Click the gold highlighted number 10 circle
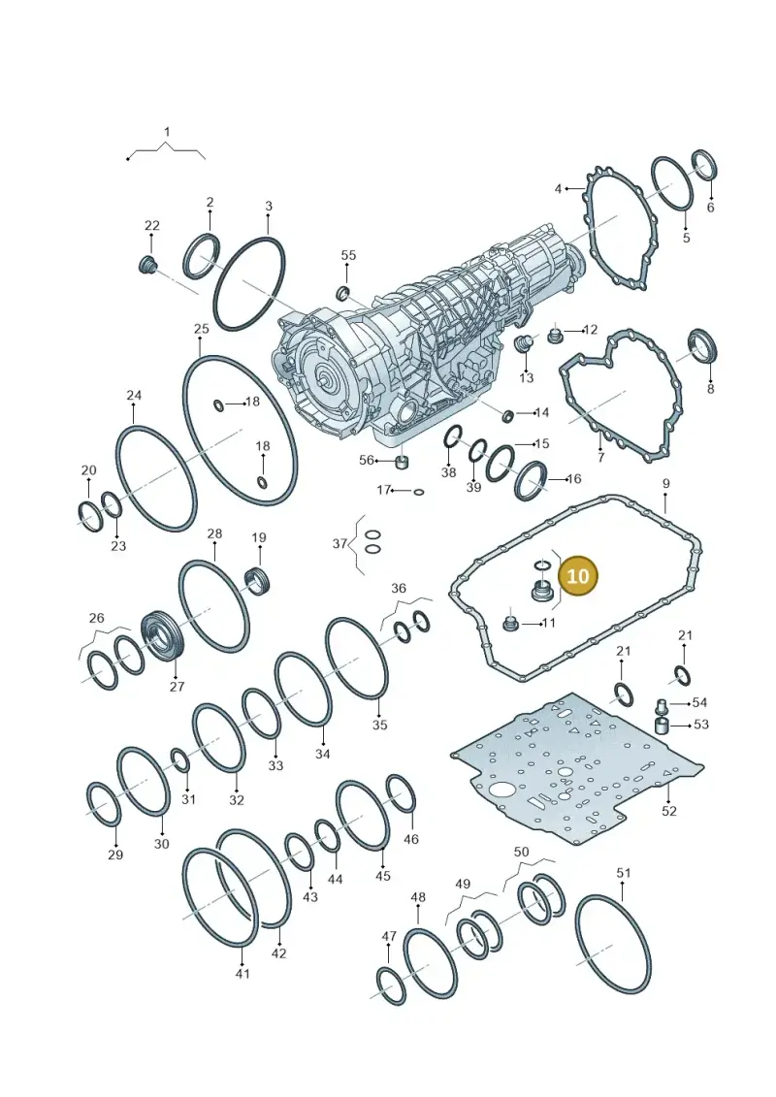point(578,576)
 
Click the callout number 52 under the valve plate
point(669,811)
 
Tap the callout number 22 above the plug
point(152,225)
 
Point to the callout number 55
point(348,255)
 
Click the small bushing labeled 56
point(402,464)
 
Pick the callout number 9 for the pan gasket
point(665,483)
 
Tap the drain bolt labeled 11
point(511,624)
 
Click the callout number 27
point(177,687)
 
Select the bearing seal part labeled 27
point(161,635)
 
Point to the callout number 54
point(699,702)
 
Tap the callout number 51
point(624,872)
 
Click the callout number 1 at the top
point(167,132)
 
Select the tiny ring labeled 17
point(418,492)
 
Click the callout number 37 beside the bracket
point(340,543)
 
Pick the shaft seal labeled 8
point(702,347)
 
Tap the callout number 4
point(558,189)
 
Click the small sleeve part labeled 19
point(257,581)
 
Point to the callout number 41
point(242,973)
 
